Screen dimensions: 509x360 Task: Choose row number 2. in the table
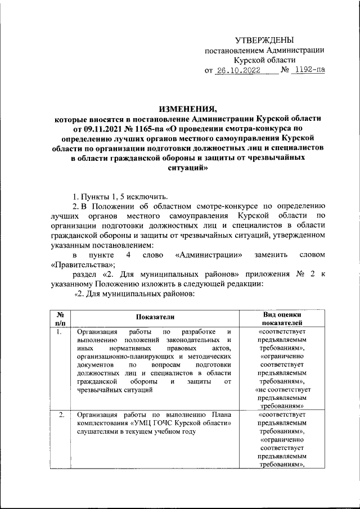59,415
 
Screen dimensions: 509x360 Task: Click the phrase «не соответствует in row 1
282,389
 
